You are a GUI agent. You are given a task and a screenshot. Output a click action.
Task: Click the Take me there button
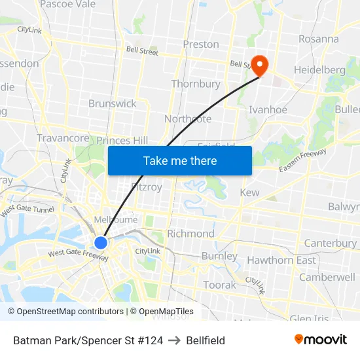(180, 160)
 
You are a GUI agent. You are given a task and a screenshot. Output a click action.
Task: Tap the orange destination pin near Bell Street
(261, 65)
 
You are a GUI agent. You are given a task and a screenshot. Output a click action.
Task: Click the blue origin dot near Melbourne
(101, 243)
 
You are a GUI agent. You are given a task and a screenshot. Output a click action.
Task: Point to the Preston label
(201, 45)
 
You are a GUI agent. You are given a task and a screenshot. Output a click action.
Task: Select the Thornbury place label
(196, 84)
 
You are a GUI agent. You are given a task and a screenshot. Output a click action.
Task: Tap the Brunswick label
(113, 103)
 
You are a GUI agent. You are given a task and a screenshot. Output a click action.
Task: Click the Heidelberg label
(319, 69)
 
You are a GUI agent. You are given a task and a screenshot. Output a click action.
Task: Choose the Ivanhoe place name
(268, 109)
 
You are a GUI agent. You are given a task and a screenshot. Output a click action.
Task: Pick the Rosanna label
(319, 39)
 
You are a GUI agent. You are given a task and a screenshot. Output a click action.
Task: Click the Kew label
(249, 192)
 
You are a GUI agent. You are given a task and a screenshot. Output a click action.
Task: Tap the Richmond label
(190, 234)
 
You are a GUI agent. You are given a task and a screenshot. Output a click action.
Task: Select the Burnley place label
(219, 256)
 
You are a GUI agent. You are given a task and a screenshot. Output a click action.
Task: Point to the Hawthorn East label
(281, 260)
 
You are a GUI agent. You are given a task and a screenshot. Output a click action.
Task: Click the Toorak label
(219, 285)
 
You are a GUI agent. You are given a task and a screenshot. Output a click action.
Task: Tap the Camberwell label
(327, 277)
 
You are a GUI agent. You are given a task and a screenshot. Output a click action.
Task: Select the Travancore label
(63, 138)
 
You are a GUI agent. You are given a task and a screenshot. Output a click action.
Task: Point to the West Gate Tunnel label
(27, 210)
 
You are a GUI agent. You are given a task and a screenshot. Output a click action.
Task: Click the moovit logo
(320, 340)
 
